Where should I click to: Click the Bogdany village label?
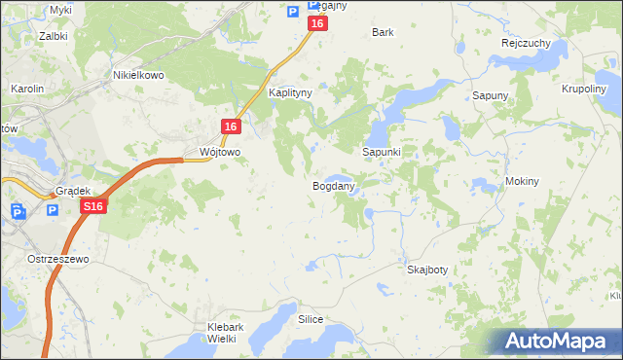tap(332, 185)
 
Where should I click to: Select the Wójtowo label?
tap(219, 153)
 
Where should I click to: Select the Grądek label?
tap(73, 192)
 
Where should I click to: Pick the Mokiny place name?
tap(523, 182)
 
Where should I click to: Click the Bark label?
tap(383, 32)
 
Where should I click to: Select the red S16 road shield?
tap(92, 207)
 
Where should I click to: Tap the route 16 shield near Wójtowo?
tap(230, 126)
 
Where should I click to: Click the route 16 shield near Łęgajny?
tap(316, 23)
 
